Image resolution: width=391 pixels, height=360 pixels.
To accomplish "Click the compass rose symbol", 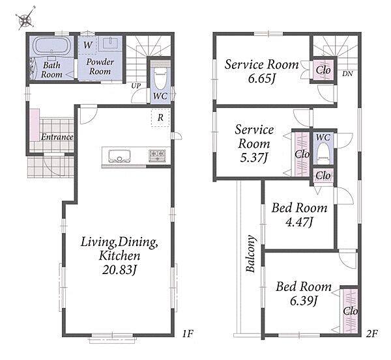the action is [25, 19].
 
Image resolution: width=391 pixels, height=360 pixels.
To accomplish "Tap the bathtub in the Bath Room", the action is [51, 46].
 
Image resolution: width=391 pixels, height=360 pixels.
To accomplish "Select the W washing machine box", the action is [87, 45].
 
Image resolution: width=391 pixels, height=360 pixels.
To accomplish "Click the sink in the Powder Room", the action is [111, 43].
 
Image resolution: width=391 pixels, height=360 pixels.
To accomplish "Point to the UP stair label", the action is [136, 86].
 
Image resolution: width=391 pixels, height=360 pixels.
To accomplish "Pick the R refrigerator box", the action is [160, 118].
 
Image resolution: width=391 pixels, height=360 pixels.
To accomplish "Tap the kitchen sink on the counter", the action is [120, 156].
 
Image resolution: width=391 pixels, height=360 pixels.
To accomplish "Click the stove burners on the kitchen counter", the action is [157, 156].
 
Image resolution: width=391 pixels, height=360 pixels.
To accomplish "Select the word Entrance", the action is [57, 137].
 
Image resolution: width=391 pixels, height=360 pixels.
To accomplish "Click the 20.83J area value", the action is [120, 270].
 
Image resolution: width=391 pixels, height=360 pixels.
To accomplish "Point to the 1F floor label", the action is [188, 333].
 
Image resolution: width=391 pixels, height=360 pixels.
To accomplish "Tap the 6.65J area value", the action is [261, 79].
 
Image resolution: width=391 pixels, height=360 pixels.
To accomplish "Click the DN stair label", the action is [347, 74].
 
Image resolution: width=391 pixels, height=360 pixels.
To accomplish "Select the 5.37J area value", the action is [254, 158].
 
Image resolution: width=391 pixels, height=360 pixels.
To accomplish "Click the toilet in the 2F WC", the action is [323, 152].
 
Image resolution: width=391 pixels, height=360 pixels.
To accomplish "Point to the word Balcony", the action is [250, 253].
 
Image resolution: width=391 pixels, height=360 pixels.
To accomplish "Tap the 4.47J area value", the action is [299, 222].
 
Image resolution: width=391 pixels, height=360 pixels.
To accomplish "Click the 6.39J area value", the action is [304, 301].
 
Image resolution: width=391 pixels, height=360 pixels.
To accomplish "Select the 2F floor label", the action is [372, 333].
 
